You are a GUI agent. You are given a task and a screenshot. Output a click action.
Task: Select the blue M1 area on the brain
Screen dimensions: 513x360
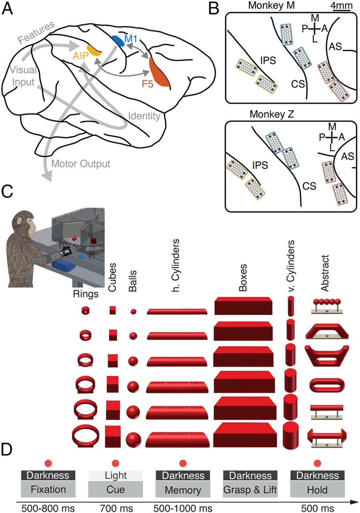[x=117, y=40]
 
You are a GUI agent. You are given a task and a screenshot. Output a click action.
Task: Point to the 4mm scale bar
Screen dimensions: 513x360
[x=340, y=10]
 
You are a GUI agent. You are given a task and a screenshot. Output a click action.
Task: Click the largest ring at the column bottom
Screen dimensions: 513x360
[x=85, y=436]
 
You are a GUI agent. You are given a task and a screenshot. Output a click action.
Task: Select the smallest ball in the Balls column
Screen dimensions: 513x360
[x=133, y=311]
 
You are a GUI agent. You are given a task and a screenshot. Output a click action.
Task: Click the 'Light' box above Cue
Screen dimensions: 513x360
[x=115, y=476]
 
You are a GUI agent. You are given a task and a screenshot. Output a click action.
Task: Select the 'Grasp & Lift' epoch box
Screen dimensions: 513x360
[x=250, y=490]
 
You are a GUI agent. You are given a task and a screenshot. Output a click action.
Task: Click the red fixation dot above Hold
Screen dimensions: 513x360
[x=318, y=463]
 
